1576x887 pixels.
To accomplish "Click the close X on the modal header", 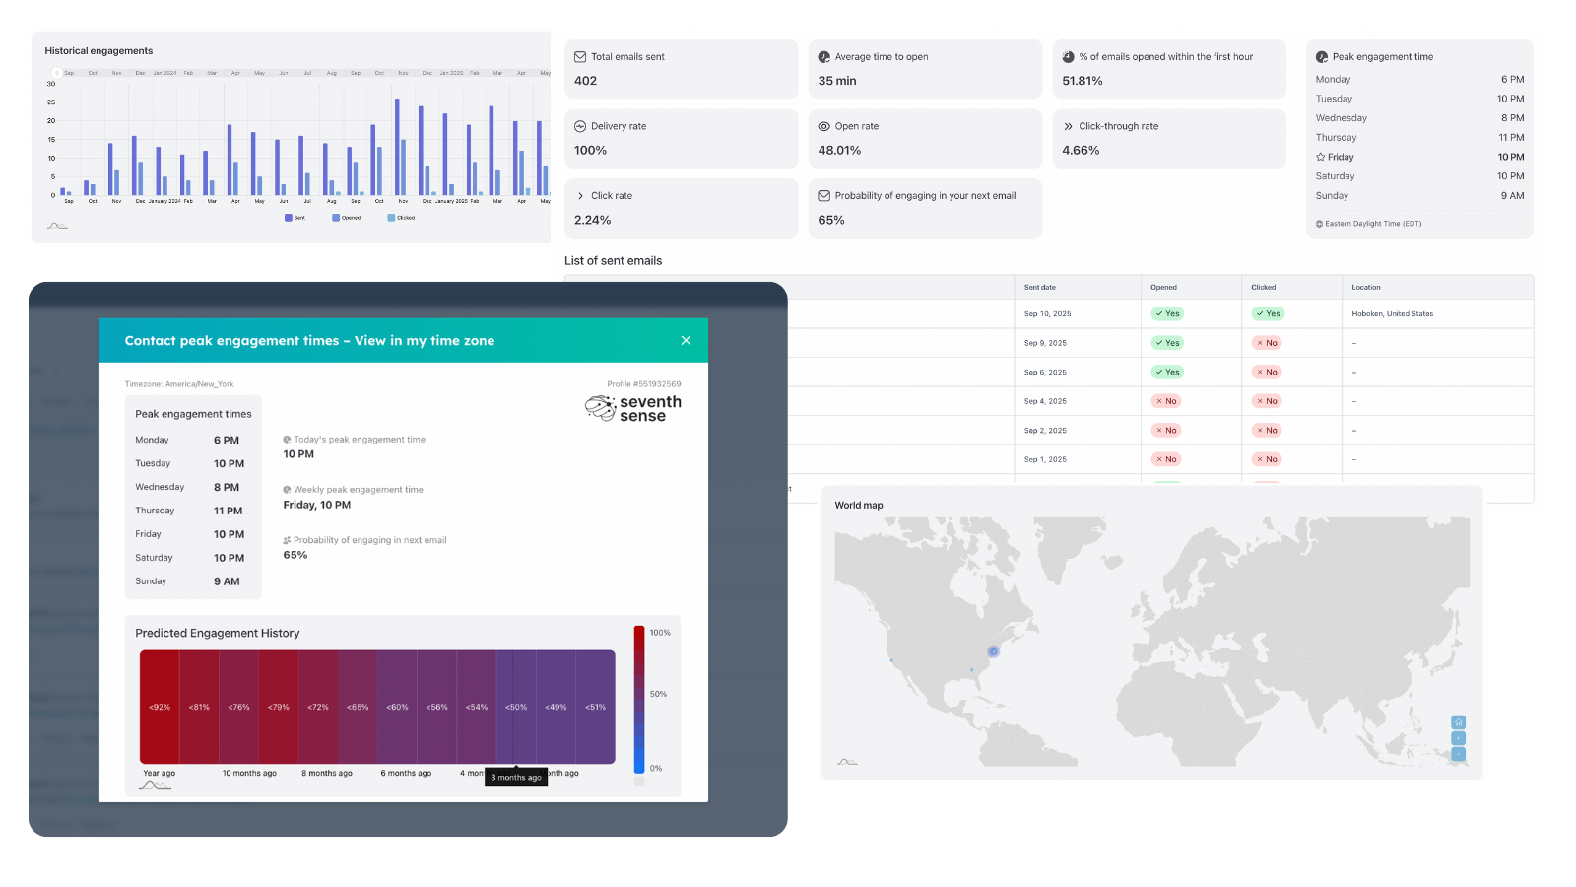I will [686, 340].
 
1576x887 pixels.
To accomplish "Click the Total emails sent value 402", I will [586, 81].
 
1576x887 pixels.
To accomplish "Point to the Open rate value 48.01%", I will [839, 151].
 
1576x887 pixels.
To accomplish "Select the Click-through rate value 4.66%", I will [1081, 151].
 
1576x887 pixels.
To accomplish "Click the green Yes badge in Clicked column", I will [1268, 313].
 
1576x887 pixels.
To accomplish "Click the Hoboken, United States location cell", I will [1392, 314].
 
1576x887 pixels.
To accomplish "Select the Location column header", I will [1365, 287].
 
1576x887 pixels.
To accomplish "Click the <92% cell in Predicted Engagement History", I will [160, 707].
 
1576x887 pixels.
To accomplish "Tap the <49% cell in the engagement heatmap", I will [556, 707].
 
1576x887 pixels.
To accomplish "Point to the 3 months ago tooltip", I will [516, 777].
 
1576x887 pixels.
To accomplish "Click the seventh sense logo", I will [633, 408].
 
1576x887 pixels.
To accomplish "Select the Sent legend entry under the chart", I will [295, 218].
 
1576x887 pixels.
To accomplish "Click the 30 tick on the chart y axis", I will [51, 84].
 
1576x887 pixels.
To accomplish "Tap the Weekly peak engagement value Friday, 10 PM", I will [317, 505].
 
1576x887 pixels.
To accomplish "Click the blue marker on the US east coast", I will [993, 651].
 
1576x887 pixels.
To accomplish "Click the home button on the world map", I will [1458, 722].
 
